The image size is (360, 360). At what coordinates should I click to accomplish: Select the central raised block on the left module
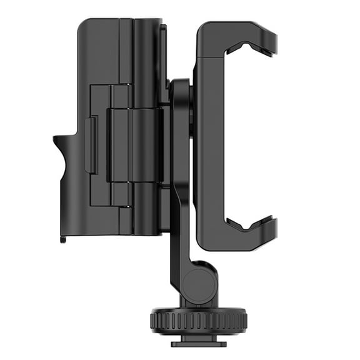pyautogui.click(x=134, y=145)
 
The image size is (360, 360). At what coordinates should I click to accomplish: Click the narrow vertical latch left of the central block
pyautogui.click(x=91, y=145)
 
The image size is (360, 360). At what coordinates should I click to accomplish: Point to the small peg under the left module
pyautogui.click(x=63, y=237)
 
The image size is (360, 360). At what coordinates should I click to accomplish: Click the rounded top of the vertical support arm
pyautogui.click(x=180, y=87)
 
